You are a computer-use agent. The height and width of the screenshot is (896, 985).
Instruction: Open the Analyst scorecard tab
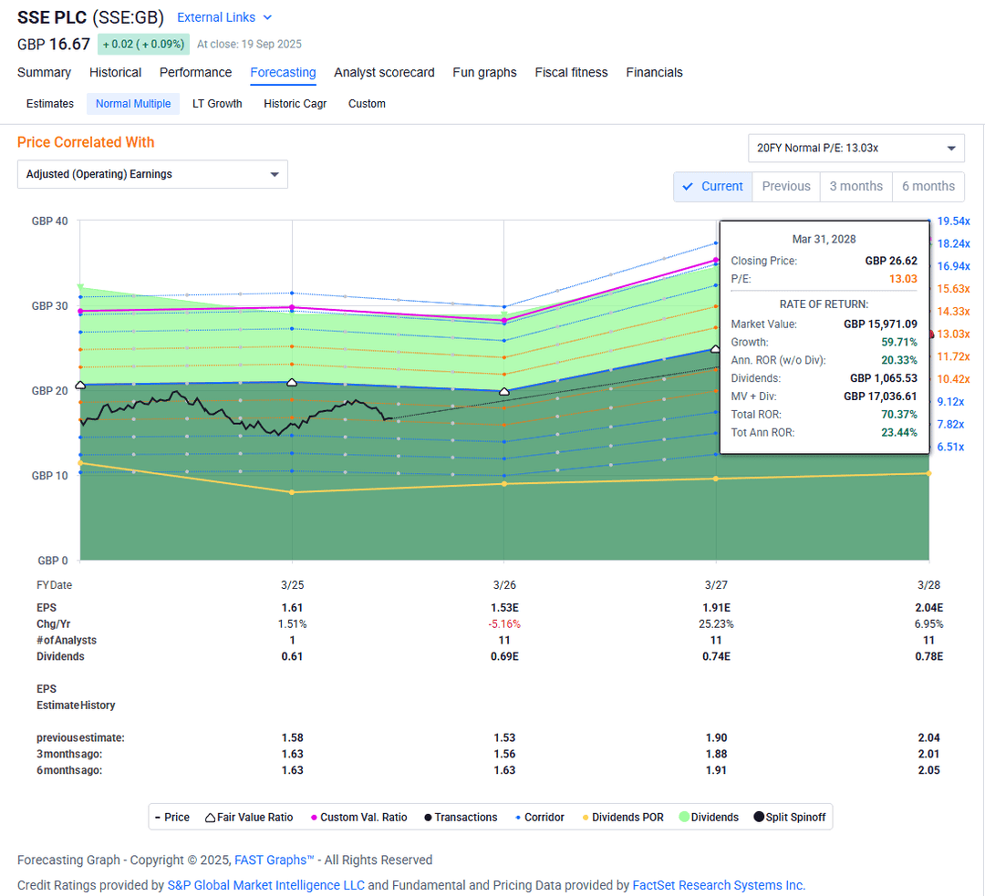click(384, 73)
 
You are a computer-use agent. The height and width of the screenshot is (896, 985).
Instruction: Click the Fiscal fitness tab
click(571, 73)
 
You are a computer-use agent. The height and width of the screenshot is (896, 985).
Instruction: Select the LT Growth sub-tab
click(217, 104)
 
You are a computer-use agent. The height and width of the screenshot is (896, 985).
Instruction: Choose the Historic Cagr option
click(295, 104)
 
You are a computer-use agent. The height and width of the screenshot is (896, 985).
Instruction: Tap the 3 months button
click(855, 186)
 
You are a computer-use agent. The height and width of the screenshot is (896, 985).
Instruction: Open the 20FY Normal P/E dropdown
click(855, 148)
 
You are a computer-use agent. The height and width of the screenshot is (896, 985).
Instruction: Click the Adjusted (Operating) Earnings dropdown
click(152, 174)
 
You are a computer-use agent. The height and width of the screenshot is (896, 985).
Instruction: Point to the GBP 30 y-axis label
click(49, 306)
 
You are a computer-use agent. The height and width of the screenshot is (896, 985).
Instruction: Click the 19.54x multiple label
click(953, 221)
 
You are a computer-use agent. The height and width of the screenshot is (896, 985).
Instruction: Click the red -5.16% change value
click(504, 624)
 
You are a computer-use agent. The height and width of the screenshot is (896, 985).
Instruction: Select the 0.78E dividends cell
click(929, 656)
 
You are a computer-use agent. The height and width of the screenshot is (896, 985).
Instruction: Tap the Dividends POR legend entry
click(627, 818)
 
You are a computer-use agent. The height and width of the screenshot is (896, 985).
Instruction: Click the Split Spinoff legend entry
click(795, 818)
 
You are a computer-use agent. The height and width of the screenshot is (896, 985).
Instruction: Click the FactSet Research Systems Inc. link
click(719, 885)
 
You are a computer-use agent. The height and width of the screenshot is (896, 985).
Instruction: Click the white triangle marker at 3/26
click(504, 391)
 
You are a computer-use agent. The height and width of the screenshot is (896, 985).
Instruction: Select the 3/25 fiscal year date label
click(292, 584)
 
